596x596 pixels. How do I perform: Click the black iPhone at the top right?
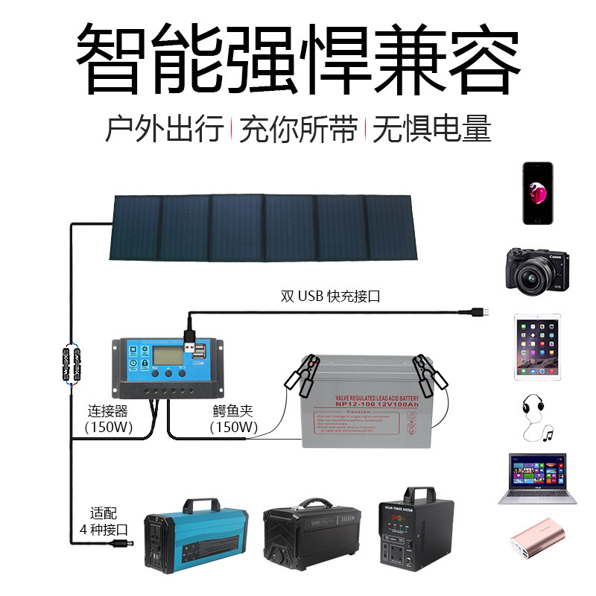tap(537, 193)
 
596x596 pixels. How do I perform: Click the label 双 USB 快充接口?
tap(330, 296)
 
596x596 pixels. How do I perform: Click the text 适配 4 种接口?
tap(109, 521)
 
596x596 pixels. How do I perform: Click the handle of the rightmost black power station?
tap(417, 495)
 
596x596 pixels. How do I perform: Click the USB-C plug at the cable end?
tap(478, 311)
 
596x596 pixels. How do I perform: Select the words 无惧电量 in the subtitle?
tap(432, 130)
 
